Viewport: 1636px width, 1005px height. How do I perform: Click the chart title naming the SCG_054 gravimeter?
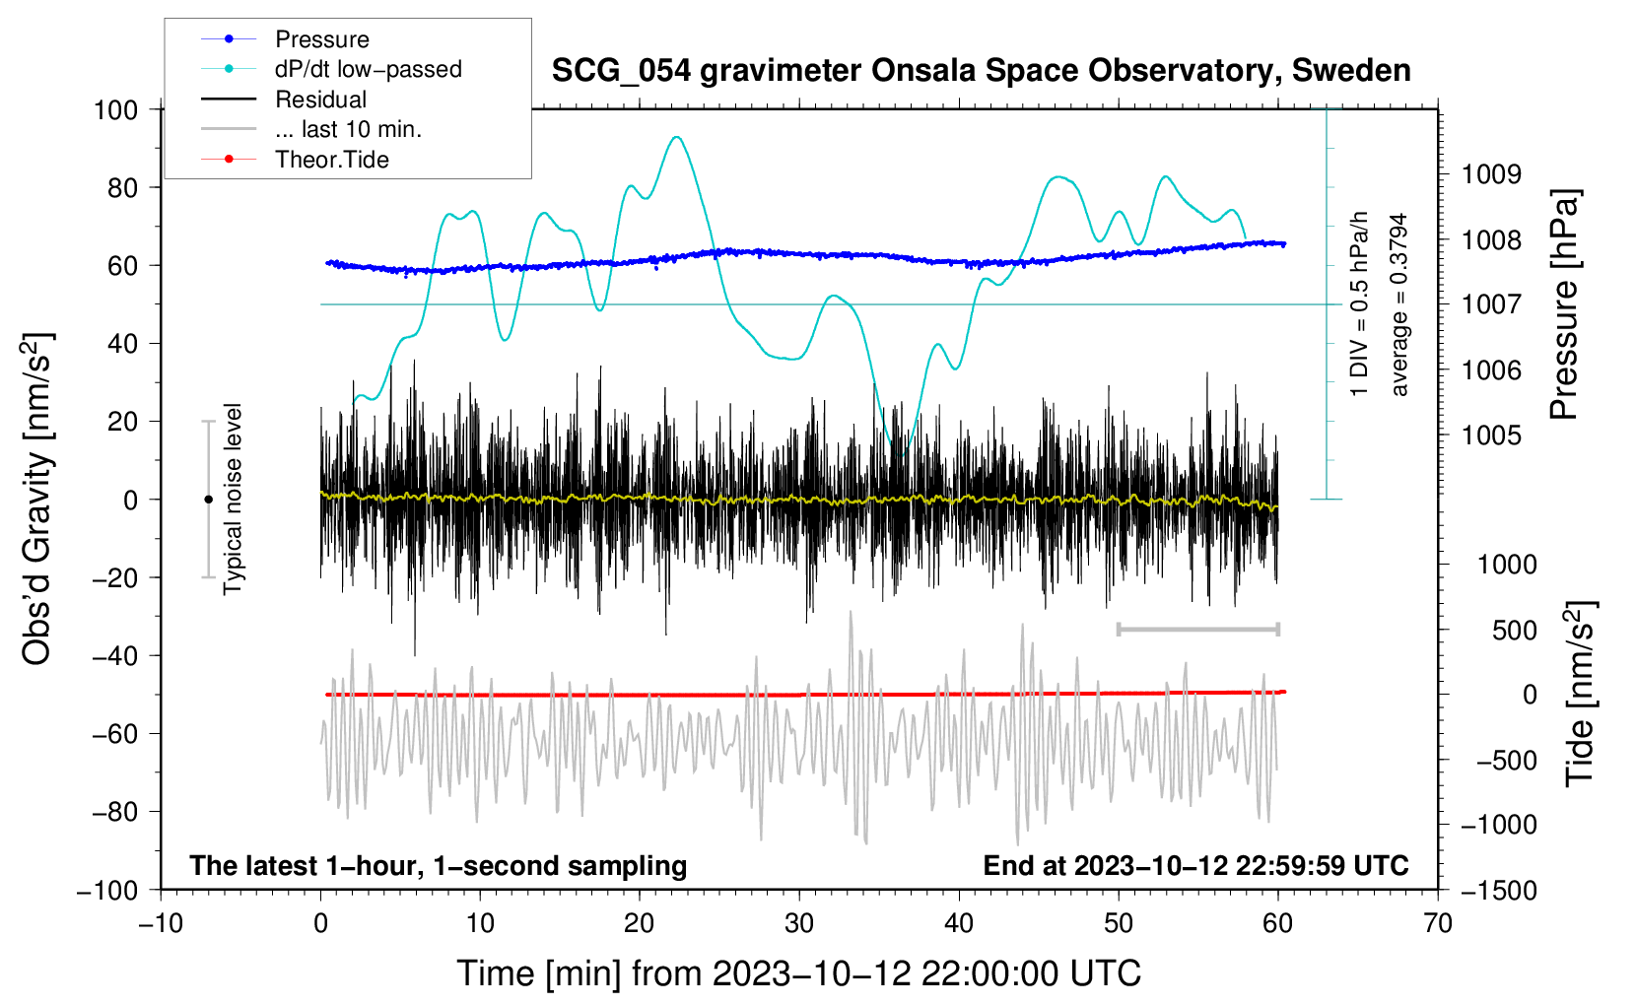point(981,71)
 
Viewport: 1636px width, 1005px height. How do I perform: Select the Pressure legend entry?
point(321,39)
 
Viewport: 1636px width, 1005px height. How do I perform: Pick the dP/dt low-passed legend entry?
point(368,69)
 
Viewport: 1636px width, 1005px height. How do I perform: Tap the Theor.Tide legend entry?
point(331,160)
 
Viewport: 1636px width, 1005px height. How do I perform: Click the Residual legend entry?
point(320,100)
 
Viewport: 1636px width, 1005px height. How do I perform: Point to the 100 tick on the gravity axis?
point(115,109)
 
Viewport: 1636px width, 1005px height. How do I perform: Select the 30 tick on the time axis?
point(799,923)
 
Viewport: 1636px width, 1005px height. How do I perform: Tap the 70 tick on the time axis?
point(1438,923)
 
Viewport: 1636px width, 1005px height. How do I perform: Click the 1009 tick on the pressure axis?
point(1491,174)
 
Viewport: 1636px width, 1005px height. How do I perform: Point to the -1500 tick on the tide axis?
point(1499,890)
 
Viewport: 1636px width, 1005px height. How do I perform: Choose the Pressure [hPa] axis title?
point(1564,305)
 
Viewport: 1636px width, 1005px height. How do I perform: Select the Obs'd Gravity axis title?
point(37,500)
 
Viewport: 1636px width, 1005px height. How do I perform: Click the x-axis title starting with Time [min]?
point(798,973)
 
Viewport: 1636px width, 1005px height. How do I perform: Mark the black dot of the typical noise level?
point(208,500)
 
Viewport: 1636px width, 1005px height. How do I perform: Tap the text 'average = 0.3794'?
point(1399,305)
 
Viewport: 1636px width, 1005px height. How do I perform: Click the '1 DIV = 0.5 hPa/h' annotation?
point(1360,303)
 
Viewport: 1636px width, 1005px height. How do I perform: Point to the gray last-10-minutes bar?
point(1197,629)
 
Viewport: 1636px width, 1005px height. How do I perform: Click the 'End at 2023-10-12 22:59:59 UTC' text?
point(1195,865)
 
